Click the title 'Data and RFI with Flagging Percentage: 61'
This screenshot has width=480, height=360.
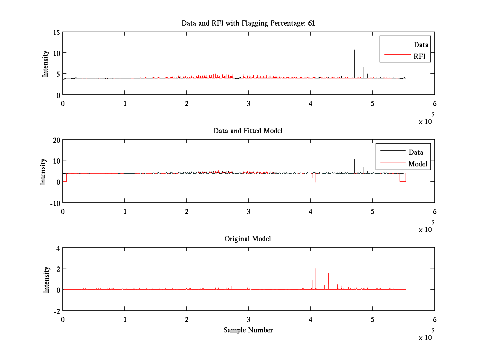point(248,23)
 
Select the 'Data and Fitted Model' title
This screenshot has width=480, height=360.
point(248,131)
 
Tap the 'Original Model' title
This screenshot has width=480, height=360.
point(248,239)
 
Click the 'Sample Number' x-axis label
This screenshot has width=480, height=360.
point(248,330)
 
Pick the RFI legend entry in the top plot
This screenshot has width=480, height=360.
point(422,56)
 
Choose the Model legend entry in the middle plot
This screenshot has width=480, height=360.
point(418,164)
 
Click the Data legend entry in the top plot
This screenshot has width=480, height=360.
point(421,44)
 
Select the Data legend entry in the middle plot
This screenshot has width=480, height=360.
point(416,152)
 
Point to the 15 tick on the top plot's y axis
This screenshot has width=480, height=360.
point(56,32)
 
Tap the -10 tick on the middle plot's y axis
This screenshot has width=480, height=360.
point(54,203)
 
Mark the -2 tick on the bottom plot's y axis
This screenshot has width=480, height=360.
point(56,311)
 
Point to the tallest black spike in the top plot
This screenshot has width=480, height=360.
point(354,50)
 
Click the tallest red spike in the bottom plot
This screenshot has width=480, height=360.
point(325,262)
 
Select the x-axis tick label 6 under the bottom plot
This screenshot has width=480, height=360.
point(434,320)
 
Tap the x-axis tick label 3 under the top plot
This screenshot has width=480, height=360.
point(248,104)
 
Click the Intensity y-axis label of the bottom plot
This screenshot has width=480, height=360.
point(47,279)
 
